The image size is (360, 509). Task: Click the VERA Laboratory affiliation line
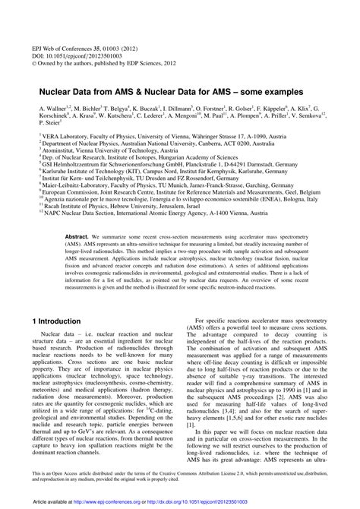(144, 142)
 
